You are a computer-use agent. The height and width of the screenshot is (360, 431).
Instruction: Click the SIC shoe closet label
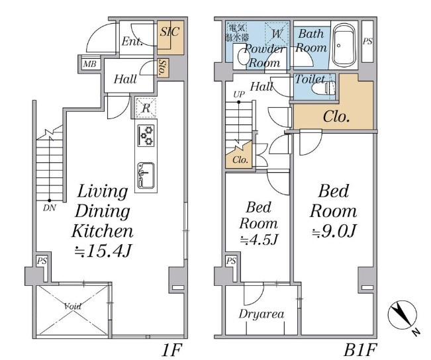tap(169, 32)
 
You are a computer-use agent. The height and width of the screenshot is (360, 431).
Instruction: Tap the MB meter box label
tap(89, 64)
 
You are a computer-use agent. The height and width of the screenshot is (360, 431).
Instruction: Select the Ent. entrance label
tap(132, 42)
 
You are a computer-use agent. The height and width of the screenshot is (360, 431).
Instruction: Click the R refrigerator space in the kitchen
tap(146, 108)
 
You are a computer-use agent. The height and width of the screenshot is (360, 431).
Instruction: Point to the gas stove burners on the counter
tap(146, 136)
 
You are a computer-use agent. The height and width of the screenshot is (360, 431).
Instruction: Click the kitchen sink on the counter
tap(146, 175)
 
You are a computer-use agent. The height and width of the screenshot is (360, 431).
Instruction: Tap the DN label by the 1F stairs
tap(50, 208)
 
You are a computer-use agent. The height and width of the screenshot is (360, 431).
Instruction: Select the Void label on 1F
tap(73, 306)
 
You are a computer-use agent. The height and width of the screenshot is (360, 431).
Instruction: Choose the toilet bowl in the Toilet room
tap(324, 88)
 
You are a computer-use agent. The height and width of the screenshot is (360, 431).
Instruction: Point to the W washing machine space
tap(277, 34)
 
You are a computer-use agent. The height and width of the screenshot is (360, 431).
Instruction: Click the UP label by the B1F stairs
tap(239, 94)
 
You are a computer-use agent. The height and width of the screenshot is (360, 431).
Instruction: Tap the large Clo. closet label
tap(336, 116)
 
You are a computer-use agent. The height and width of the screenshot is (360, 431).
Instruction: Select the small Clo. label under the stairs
tap(240, 159)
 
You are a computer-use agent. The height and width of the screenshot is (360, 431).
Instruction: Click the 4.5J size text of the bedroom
tap(259, 240)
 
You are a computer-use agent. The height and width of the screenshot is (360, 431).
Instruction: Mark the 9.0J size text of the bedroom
tap(334, 231)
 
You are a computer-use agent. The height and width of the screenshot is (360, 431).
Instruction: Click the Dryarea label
tap(261, 314)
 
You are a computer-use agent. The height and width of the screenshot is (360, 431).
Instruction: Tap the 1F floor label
tap(171, 350)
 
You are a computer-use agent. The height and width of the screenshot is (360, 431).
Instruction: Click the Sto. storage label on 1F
tap(162, 68)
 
